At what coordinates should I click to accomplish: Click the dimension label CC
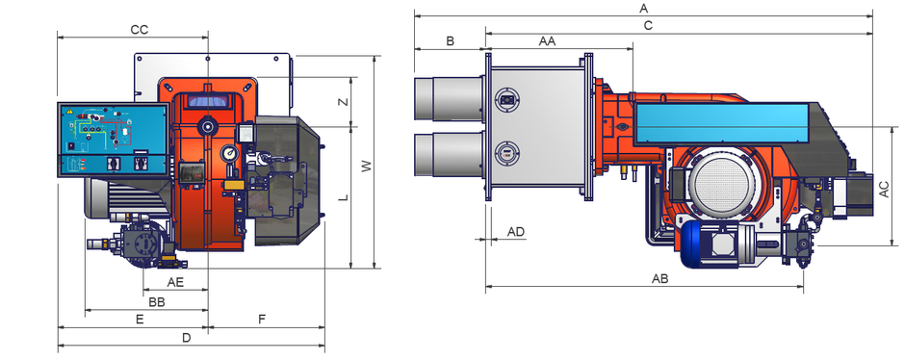(139, 30)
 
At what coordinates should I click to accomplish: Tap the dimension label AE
(175, 282)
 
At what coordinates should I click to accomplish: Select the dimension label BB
(157, 301)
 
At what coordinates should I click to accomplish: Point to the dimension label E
(139, 319)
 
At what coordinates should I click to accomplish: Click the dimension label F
(262, 319)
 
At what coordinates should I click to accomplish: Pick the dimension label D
(186, 338)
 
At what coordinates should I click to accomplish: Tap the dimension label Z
(344, 101)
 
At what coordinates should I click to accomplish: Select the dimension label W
(367, 167)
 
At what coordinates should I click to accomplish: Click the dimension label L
(344, 196)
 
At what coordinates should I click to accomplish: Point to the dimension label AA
(547, 41)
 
